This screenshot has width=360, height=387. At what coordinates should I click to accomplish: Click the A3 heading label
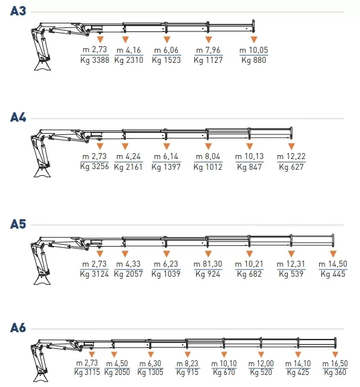coord(18,11)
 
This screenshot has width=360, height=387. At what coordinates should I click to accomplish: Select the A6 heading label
coord(18,328)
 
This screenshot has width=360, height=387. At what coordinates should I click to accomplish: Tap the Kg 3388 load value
coord(94,60)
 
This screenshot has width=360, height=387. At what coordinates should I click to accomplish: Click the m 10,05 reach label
coord(254,50)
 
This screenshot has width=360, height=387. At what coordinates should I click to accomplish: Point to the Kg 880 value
coord(254,60)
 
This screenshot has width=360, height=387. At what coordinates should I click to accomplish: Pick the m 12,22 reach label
coord(291,156)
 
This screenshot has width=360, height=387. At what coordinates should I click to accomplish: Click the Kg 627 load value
coord(291,167)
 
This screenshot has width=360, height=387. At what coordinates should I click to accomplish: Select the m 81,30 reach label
coord(208,264)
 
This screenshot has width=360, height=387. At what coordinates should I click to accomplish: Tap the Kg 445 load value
coord(333,274)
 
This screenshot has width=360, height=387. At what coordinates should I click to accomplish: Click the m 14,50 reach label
coord(333,264)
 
